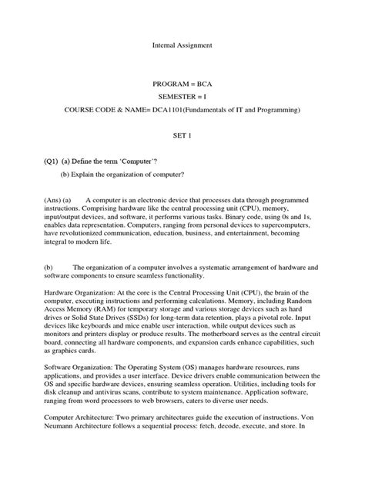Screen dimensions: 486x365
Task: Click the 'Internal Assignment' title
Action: pos(182,46)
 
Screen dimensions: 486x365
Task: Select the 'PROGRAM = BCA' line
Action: pos(182,81)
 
